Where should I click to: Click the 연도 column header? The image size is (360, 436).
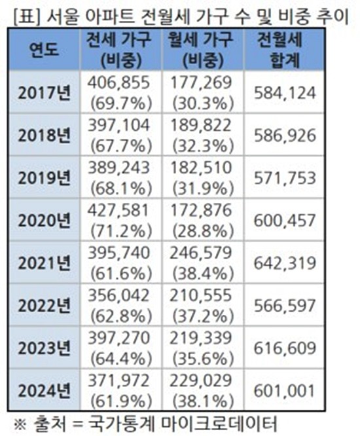coord(44,50)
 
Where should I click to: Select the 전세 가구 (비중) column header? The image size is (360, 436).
coord(120,50)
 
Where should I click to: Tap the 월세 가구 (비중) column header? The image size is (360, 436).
coord(202,50)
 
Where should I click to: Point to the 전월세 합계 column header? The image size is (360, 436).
coord(284,50)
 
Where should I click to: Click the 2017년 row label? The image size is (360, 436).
coord(44,92)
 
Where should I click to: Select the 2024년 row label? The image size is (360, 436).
coord(44,390)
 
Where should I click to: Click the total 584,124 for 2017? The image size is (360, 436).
coord(285,93)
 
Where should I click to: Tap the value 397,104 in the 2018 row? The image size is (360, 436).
coord(119,126)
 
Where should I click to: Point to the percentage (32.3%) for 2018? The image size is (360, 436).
coord(203,146)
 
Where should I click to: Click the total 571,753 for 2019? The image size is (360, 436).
coord(285,178)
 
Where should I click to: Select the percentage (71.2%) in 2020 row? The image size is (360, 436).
coord(121,231)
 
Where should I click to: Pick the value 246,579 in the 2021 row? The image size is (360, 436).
coord(201,253)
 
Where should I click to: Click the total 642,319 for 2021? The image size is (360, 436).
coord(285,263)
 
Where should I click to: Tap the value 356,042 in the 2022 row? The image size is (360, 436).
coord(119,296)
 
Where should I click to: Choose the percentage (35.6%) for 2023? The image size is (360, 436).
coord(203,359)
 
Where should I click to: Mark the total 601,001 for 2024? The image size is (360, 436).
coord(284,391)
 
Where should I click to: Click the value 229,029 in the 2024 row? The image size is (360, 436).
coord(201,380)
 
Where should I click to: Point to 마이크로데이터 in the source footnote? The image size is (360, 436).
coord(219,424)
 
